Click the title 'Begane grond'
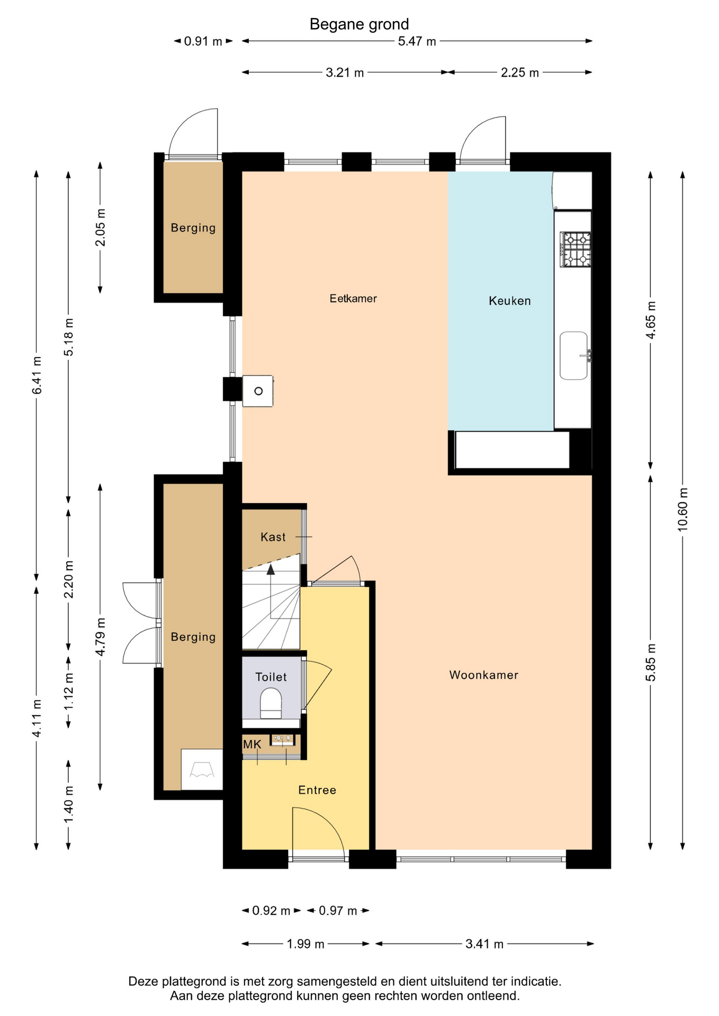(x=359, y=24)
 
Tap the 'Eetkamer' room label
(x=353, y=298)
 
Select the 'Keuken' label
(x=509, y=301)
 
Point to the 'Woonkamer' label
(x=483, y=675)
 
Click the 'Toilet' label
(x=271, y=677)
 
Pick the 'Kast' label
(x=273, y=537)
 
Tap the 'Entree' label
(x=317, y=790)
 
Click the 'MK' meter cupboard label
(x=252, y=745)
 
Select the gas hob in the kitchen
(x=576, y=249)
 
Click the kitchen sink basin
(x=574, y=356)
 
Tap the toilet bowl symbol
(x=271, y=703)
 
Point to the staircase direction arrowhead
(x=271, y=569)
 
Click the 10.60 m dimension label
(x=682, y=509)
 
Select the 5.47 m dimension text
(x=417, y=41)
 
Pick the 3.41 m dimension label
(x=484, y=944)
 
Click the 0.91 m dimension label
(x=203, y=41)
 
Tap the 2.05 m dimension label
(x=100, y=228)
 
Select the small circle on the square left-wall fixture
(x=258, y=391)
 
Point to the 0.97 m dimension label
(x=338, y=911)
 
